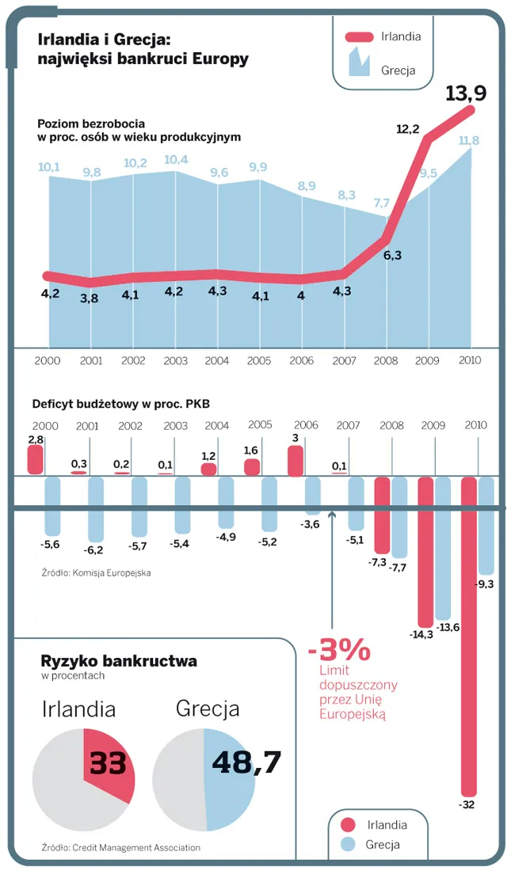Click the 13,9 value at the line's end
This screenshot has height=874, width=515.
pos(465,93)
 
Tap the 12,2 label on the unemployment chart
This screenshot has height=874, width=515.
pos(407,128)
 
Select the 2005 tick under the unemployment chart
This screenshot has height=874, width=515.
pos(259,360)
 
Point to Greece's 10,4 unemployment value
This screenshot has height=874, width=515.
pos(175,160)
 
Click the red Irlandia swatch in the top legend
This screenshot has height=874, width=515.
pos(369,36)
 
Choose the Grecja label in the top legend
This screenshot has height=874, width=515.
pos(399,70)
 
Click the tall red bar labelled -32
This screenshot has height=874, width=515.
pos(469,633)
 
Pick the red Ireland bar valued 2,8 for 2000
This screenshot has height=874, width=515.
pos(35,460)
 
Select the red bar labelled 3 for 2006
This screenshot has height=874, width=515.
pos(295,461)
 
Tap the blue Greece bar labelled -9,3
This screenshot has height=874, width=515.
pos(486,526)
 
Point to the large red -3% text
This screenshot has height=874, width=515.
pos(339,650)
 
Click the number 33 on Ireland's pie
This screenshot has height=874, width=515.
pos(109,763)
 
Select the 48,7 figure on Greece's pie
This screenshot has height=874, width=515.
pos(246,762)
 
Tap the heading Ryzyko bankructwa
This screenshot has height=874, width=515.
pos(120,660)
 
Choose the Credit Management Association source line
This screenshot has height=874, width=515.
pos(121,847)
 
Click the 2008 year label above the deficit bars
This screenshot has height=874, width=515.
pos(391,426)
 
